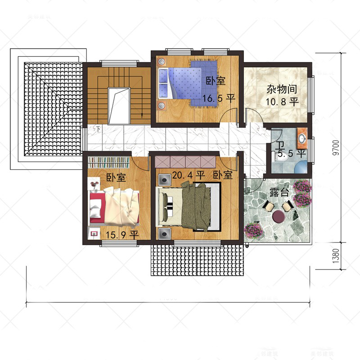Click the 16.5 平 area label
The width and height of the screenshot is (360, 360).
pos(219,98)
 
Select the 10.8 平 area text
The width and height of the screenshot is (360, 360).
pos(282,102)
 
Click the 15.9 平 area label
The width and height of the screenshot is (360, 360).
pos(121,234)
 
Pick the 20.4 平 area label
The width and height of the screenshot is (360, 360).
pos(189,174)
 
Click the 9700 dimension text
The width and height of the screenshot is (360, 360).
pos(335,148)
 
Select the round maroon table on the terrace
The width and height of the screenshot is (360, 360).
pos(279,216)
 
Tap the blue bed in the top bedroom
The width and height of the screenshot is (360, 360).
pos(188,83)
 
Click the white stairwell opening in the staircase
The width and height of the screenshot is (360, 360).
pos(119,105)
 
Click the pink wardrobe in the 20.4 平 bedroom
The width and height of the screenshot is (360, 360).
pos(185,162)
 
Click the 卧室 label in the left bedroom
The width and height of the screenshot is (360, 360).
pos(116,178)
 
